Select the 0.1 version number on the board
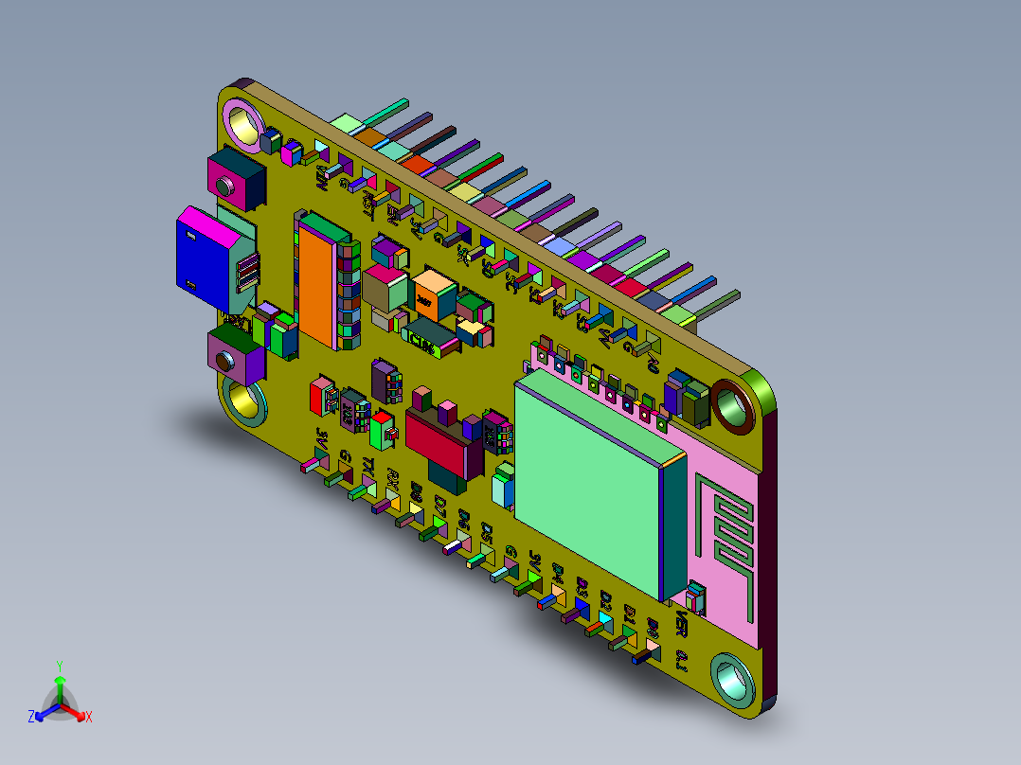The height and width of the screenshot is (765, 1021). (x=681, y=660)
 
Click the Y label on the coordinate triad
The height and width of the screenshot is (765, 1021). (x=59, y=666)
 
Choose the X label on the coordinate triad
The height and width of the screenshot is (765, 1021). (x=89, y=718)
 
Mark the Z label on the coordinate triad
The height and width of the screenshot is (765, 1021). (x=30, y=718)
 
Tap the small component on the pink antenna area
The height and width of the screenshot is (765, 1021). (x=697, y=596)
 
